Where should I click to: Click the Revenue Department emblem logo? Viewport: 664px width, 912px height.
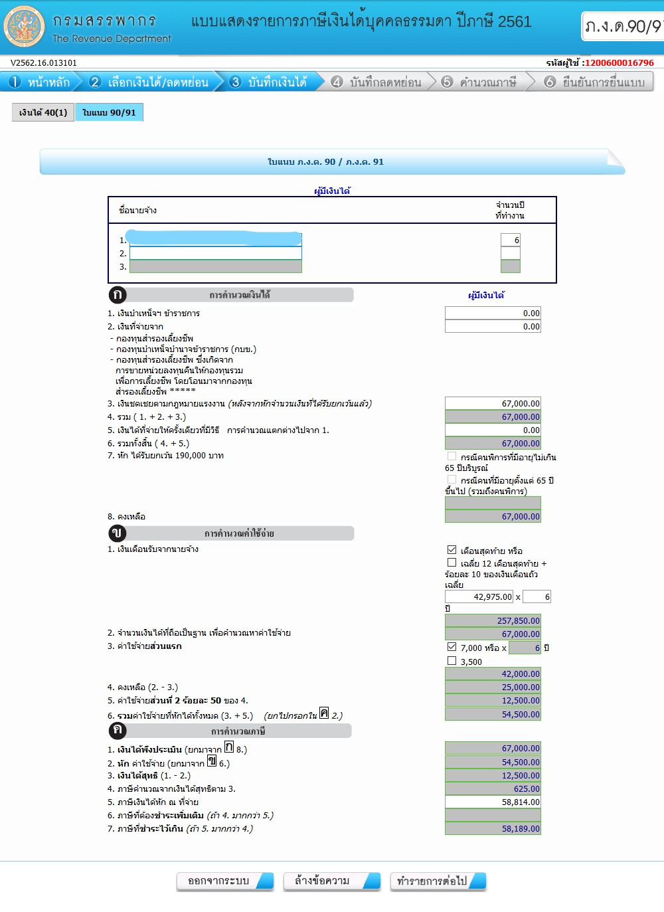coord(24,27)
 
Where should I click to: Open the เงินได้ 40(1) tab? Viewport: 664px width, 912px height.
coord(43,112)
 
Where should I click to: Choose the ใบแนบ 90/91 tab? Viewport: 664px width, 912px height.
coord(109,112)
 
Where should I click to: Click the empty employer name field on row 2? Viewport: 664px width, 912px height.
coord(215,253)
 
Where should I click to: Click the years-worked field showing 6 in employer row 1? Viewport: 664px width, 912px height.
coord(510,240)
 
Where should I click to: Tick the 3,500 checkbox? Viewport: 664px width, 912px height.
coord(452,661)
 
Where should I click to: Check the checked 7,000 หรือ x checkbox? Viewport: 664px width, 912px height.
coord(452,647)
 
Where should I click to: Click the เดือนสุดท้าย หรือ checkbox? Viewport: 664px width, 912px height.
coord(452,550)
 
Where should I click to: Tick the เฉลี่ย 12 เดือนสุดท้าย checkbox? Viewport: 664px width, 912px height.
coord(452,563)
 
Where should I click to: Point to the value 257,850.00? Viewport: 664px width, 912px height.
coord(493,620)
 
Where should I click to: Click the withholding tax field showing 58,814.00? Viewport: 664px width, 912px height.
coord(493,802)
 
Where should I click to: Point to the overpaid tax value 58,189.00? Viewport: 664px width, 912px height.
coord(493,828)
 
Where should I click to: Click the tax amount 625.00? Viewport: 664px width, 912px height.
coord(493,788)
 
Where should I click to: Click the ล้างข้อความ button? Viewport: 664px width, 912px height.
coord(331,881)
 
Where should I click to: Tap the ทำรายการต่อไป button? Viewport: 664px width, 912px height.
coord(438,881)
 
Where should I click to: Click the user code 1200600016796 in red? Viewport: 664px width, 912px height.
coord(619,62)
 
